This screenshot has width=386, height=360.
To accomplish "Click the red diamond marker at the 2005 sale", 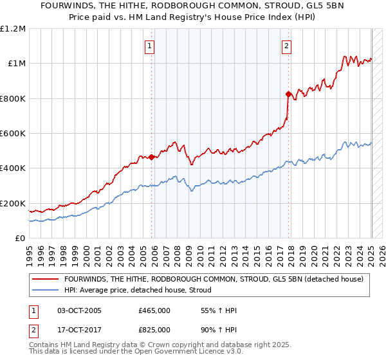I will pyautogui.click(x=152, y=157).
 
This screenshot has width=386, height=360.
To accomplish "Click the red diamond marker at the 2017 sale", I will pyautogui.click(x=288, y=94).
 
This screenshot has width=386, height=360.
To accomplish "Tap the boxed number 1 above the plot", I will pyautogui.click(x=149, y=46).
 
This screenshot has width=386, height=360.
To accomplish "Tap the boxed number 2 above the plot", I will pyautogui.click(x=286, y=46).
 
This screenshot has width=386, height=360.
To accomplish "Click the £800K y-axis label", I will pyautogui.click(x=13, y=99).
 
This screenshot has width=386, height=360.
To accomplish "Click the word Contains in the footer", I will pyautogui.click(x=46, y=346).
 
